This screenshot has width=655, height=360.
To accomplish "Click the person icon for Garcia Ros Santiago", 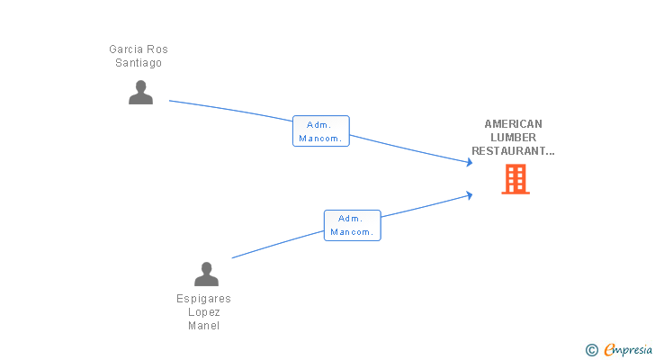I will coord(140,92).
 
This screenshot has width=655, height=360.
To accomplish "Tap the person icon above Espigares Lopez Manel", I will coord(206,274).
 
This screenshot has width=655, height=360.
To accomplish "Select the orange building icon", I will coord(515,179).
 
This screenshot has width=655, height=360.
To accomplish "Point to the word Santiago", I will coord(139,63).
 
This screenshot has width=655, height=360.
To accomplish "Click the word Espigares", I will coord(203,299).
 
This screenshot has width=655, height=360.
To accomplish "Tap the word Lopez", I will coord(204,312).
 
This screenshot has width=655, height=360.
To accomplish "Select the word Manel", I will coord(204,326).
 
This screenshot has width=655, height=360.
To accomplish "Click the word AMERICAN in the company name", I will coord(513,124).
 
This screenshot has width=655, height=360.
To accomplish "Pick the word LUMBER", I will coord(513,138).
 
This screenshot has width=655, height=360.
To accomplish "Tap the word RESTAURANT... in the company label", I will coord(513,151).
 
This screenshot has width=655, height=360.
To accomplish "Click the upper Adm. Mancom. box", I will coord(321,131).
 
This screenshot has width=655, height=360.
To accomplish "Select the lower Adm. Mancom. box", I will coord(352,225).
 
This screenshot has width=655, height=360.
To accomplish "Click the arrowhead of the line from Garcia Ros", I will coord(469,162).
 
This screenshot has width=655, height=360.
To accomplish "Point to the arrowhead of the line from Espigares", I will coord(469,194).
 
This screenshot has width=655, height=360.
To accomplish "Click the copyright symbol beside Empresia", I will coord(591,349).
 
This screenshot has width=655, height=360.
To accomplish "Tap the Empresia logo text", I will coord(628,349).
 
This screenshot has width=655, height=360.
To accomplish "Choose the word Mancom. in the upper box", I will coord(321,139).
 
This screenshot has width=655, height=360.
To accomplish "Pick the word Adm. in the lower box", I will coord(351,219).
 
